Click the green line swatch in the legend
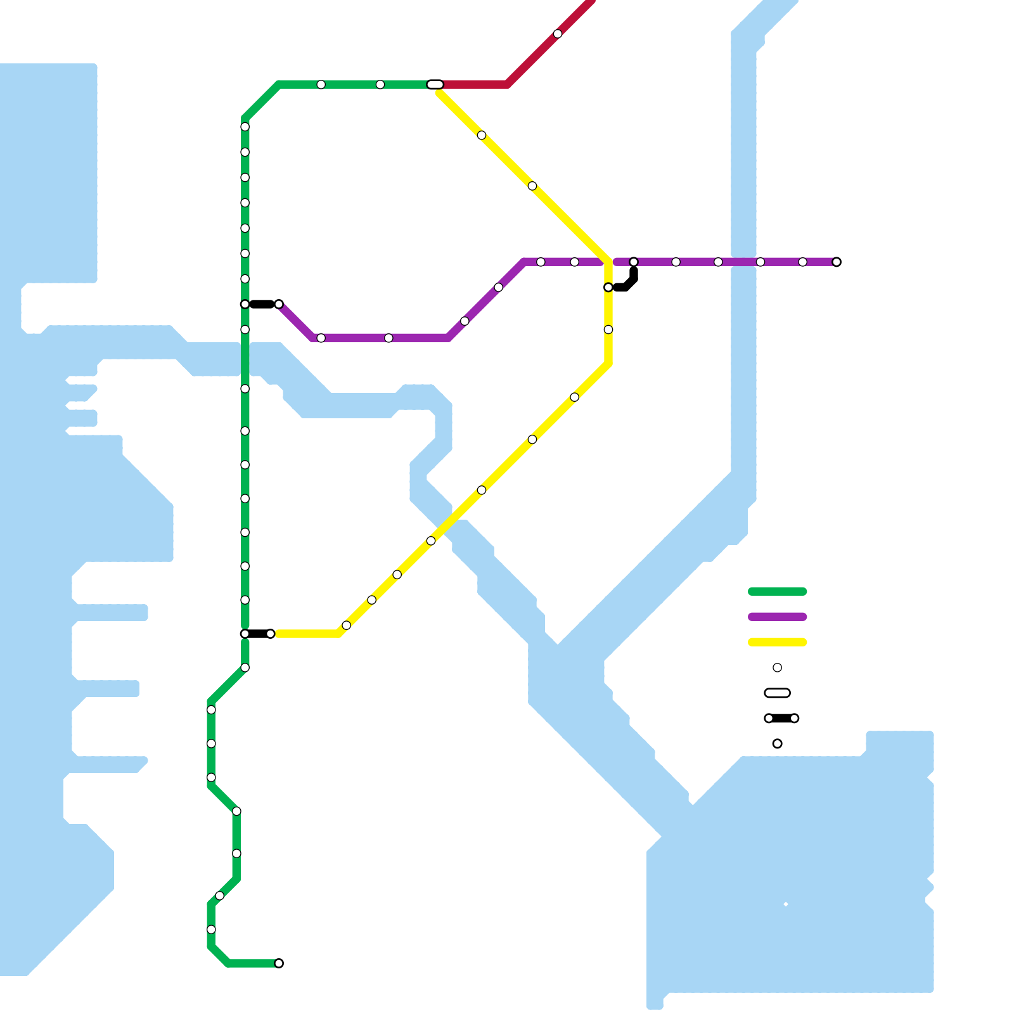(x=777, y=591)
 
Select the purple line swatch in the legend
(x=777, y=617)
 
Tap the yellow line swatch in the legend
(x=777, y=642)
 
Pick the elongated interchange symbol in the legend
(x=777, y=693)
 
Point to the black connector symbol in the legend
(x=781, y=718)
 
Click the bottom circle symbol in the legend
(x=777, y=743)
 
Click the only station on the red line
(x=557, y=34)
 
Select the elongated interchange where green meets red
(x=435, y=84)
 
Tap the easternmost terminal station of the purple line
(x=837, y=262)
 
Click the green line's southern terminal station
(x=279, y=963)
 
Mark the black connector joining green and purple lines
(x=262, y=304)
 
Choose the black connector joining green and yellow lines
(x=258, y=634)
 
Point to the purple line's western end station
(x=279, y=304)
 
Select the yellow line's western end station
(x=271, y=634)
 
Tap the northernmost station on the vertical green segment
(x=245, y=127)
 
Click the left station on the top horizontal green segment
(x=321, y=84)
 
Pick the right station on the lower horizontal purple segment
(x=388, y=338)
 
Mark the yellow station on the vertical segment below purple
(x=608, y=330)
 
